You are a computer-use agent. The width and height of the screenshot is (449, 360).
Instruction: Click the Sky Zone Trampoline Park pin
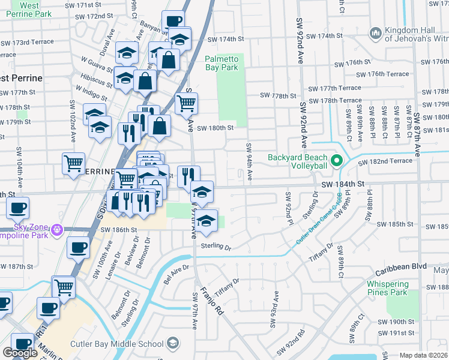click(57, 229)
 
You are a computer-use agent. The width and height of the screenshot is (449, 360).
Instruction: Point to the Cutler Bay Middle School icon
click(173, 343)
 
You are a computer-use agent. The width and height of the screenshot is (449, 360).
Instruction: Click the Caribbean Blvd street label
click(401, 272)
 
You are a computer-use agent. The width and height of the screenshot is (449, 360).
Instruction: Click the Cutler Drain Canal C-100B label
click(319, 220)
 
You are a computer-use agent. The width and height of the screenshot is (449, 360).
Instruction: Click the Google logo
click(20, 353)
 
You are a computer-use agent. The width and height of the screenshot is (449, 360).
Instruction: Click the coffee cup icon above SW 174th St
click(173, 21)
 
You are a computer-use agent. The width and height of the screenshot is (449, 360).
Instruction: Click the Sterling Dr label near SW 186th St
click(216, 247)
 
